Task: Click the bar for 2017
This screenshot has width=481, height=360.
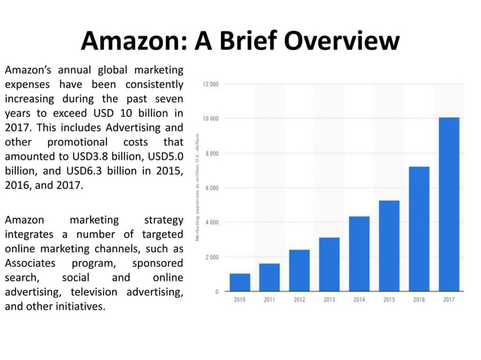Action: (x=449, y=204)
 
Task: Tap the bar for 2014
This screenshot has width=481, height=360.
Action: (x=360, y=254)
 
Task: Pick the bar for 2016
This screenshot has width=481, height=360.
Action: (x=419, y=229)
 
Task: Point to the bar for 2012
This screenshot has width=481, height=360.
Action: (x=299, y=270)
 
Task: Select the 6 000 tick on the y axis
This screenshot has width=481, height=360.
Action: (x=212, y=188)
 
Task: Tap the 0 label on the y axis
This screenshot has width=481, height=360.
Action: (x=217, y=291)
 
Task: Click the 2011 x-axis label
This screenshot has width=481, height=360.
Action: (x=269, y=300)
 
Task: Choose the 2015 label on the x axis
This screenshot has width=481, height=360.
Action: (x=389, y=300)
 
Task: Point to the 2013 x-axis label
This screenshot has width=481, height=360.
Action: (x=329, y=300)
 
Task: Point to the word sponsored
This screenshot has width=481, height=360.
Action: (x=158, y=264)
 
